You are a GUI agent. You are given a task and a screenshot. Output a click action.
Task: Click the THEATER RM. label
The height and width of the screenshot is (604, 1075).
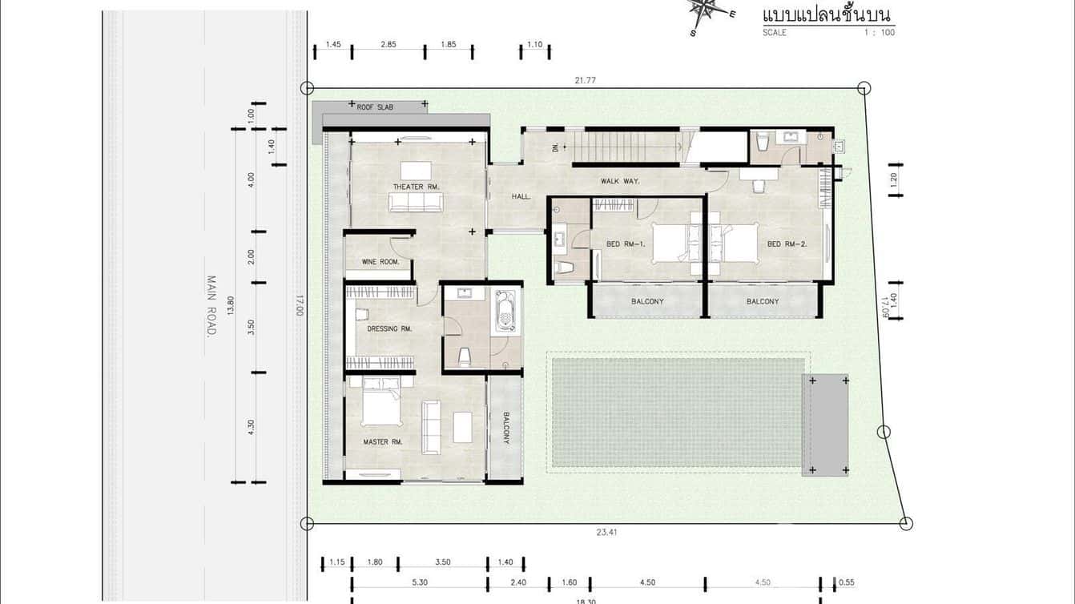tap(416, 187)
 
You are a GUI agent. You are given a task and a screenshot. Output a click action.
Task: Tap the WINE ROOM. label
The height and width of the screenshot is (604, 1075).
tap(380, 261)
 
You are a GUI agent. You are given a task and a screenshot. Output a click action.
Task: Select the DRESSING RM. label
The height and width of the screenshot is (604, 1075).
tap(389, 328)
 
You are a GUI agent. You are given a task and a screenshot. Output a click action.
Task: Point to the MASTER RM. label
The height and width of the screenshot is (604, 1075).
tap(382, 442)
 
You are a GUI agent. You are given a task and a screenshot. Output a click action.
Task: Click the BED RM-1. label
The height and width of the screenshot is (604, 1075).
tap(626, 244)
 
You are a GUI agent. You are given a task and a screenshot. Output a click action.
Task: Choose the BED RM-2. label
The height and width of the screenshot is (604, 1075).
tap(787, 244)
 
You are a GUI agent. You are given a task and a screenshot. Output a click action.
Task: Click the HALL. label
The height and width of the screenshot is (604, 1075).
tap(521, 196)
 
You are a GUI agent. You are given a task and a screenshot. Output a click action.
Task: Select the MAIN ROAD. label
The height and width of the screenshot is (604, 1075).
tap(211, 306)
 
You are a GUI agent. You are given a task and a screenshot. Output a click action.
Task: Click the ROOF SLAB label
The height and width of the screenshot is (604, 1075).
tap(375, 107)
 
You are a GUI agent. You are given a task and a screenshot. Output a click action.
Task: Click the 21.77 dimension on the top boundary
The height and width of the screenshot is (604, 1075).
tap(585, 80)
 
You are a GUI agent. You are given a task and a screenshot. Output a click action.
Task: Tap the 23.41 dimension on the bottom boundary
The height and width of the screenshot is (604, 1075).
tap(606, 532)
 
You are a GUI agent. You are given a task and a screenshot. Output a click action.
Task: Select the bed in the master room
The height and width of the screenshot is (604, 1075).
tap(381, 401)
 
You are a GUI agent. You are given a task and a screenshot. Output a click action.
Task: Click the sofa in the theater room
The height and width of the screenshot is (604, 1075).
tap(416, 203)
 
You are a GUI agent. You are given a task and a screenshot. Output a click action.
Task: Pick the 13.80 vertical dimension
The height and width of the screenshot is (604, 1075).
tap(231, 304)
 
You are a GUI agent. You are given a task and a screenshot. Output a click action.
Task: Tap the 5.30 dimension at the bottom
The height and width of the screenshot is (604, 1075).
tap(420, 582)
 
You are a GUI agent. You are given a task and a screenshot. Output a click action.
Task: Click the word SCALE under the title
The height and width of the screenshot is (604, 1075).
tap(775, 32)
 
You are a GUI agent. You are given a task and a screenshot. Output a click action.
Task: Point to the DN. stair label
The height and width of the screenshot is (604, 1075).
tap(555, 147)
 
